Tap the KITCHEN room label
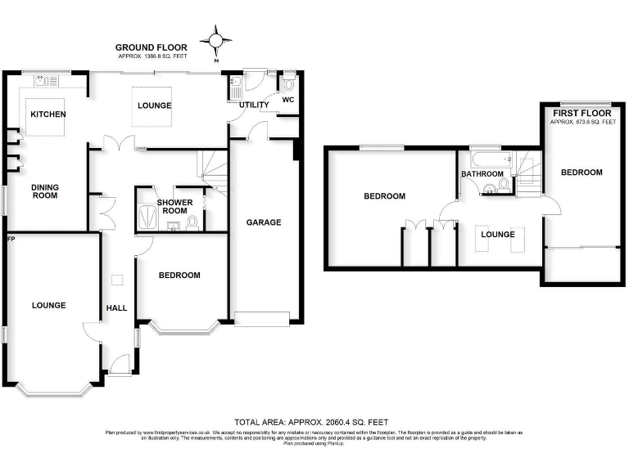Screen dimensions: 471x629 pos(48,114)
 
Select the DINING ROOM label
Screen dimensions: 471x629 pos(45,191)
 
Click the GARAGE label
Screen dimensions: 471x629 pos(264,222)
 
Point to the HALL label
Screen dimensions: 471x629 pos(115,308)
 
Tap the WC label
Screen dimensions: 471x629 pos(287,100)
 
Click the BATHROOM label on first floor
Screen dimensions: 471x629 pos(482,174)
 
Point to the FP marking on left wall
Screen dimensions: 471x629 pos(11,239)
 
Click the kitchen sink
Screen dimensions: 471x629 pos(44,81)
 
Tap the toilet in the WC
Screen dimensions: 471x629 pos(288,83)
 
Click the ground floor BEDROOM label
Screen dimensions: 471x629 pos(179,276)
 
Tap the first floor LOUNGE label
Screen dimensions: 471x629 pos(497,235)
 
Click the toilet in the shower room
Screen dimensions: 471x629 pos(191,222)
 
